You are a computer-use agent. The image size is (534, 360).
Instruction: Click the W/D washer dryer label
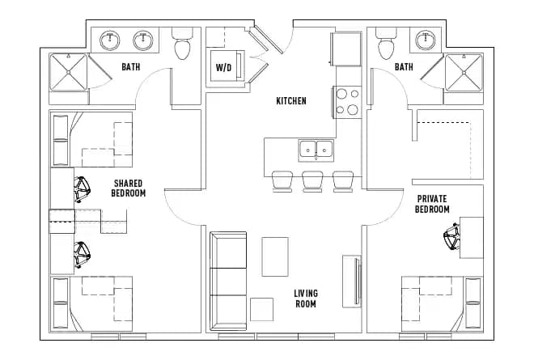coord(222,68)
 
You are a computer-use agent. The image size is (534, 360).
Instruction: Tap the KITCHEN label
coord(291,101)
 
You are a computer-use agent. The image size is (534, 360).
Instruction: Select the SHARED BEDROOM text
coord(129,188)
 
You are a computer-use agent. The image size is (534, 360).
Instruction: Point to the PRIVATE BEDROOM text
coord(432,204)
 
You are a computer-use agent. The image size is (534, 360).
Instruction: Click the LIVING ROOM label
coord(306,299)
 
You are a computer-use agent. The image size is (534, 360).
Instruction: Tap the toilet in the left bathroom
coord(183,46)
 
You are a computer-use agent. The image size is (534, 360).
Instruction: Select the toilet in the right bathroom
coord(388,46)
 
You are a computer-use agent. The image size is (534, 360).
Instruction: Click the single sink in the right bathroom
coord(424,39)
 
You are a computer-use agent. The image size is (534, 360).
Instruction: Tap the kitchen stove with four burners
coord(347,101)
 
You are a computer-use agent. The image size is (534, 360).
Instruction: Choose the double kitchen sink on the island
coord(316,149)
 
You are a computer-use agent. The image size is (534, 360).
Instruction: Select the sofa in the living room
coord(228,281)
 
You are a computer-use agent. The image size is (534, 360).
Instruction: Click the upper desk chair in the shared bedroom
coord(82,190)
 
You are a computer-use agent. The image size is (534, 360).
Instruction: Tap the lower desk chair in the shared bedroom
coord(82,255)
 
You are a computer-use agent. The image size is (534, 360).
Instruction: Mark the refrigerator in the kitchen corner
coord(346,50)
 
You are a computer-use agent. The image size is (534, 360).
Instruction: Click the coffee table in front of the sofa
coord(275,256)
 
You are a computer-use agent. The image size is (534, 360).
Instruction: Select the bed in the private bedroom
coord(442,303)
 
